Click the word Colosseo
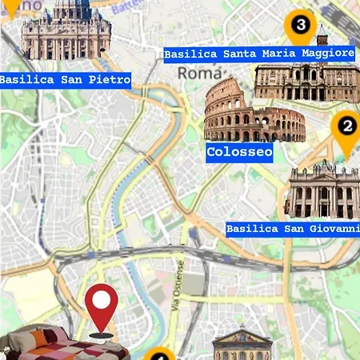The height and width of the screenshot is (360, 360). coord(239,151)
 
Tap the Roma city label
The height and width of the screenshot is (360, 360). coord(193,72)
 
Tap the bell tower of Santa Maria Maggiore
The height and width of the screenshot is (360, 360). coord(322,36)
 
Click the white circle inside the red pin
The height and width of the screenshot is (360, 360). coord(102,300)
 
